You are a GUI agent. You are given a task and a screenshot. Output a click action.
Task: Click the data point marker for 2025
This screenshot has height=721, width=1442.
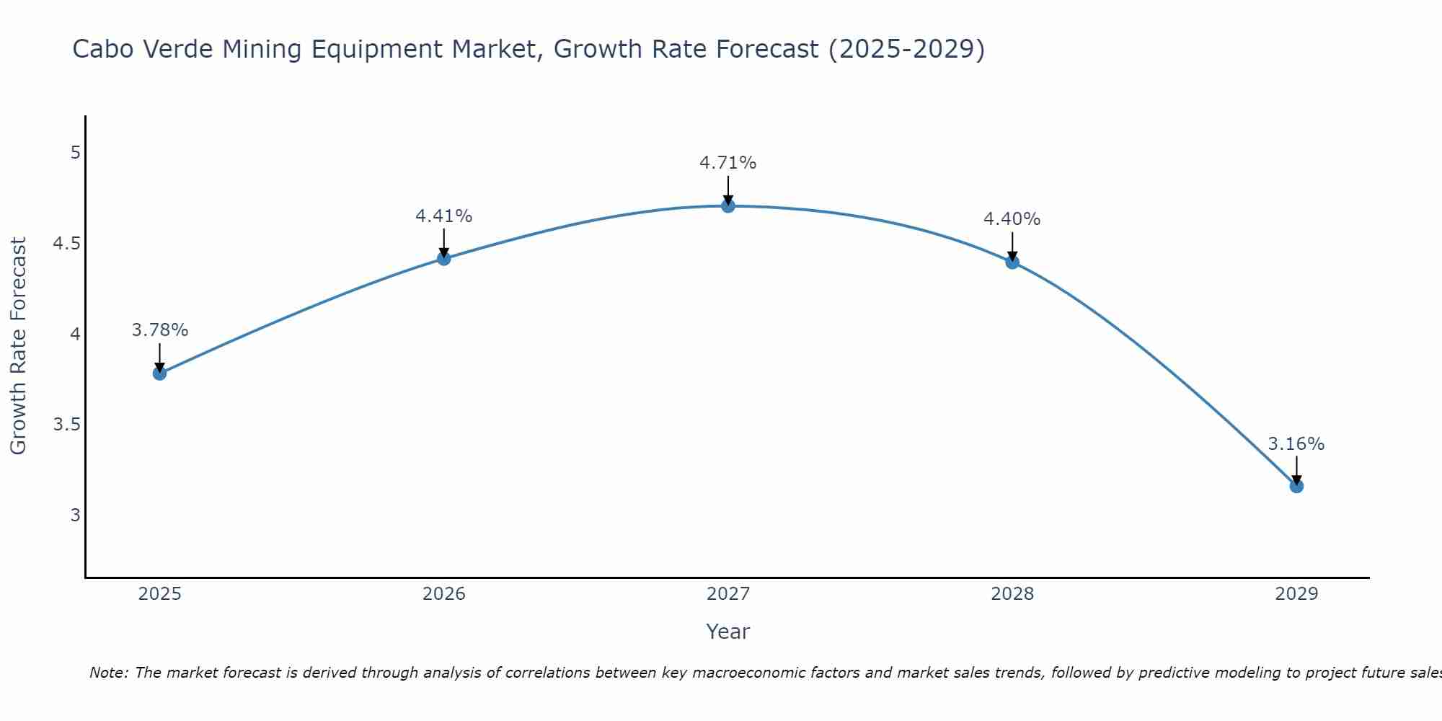pyautogui.click(x=159, y=373)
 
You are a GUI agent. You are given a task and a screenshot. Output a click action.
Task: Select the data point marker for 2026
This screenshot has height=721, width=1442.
pyautogui.click(x=443, y=258)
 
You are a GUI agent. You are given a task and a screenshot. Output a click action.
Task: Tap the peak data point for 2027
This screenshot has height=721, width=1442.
pyautogui.click(x=727, y=205)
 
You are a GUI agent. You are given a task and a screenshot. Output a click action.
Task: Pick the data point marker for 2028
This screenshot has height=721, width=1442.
pyautogui.click(x=1012, y=262)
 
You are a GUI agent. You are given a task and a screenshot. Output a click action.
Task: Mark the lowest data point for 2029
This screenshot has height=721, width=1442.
pyautogui.click(x=1296, y=486)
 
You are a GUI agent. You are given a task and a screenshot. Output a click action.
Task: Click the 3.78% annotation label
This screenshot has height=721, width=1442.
pyautogui.click(x=159, y=330)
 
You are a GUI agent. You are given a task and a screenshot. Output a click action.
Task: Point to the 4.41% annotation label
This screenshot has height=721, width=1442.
pyautogui.click(x=443, y=216)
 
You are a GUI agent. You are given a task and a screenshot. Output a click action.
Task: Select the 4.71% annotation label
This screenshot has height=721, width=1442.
pyautogui.click(x=727, y=163)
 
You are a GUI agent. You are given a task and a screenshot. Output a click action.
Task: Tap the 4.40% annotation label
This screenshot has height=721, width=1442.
pyautogui.click(x=1012, y=219)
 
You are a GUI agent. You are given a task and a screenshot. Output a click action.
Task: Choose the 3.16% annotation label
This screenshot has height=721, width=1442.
pyautogui.click(x=1296, y=444)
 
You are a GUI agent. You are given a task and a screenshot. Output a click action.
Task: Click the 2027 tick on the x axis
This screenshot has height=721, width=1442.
pyautogui.click(x=727, y=594)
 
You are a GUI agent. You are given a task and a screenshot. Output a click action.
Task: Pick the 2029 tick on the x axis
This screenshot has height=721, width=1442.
pyautogui.click(x=1296, y=594)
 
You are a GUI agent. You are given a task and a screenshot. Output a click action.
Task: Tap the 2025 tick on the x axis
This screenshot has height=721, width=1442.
pyautogui.click(x=159, y=594)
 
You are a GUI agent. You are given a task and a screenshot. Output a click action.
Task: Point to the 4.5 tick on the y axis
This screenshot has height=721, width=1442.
pyautogui.click(x=66, y=244)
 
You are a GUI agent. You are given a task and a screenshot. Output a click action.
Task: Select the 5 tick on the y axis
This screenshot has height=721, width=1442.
pyautogui.click(x=75, y=153)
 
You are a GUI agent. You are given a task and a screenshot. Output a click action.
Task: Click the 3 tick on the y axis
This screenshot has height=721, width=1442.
pyautogui.click(x=75, y=516)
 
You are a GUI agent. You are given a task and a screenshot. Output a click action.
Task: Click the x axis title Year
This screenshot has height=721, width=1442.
pyautogui.click(x=727, y=632)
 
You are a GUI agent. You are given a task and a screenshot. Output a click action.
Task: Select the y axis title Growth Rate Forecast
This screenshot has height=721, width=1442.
pyautogui.click(x=19, y=346)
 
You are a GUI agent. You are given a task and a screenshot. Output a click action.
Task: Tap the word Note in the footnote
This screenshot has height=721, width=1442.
pyautogui.click(x=108, y=673)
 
